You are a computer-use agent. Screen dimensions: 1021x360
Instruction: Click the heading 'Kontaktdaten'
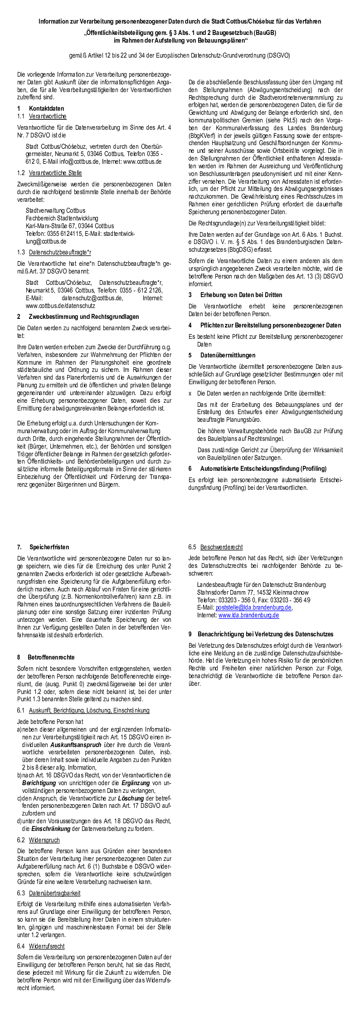click(x=46, y=108)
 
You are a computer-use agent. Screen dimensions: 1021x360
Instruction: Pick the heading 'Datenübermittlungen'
click(x=228, y=355)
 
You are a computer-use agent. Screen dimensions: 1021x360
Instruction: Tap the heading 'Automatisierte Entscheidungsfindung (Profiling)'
click(x=263, y=469)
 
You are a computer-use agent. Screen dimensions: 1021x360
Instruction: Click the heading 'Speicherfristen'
click(x=49, y=547)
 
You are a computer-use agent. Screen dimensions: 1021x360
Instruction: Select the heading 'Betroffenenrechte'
click(x=51, y=657)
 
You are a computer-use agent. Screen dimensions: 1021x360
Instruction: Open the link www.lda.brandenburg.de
click(x=248, y=615)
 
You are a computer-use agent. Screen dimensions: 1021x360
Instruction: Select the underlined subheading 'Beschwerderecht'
click(x=221, y=547)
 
